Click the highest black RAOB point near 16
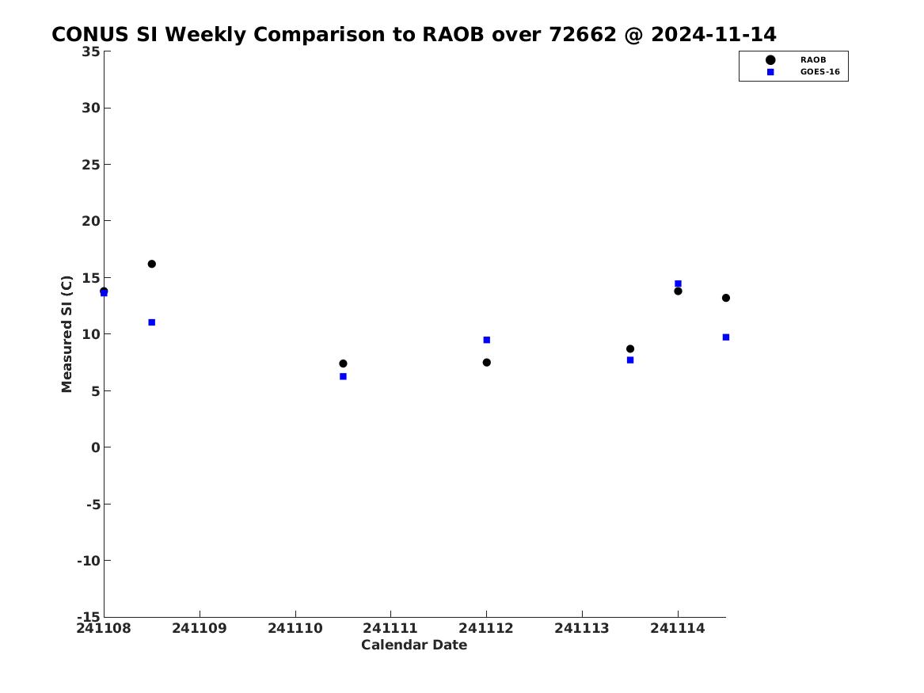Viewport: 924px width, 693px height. point(151,264)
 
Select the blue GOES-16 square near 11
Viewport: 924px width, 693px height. point(151,322)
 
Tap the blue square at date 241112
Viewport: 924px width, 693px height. point(487,340)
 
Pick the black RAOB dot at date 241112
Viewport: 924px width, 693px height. point(487,363)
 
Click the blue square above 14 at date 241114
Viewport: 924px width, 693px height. point(679,284)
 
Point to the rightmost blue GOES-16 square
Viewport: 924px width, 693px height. point(726,337)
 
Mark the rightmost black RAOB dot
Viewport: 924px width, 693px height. point(726,298)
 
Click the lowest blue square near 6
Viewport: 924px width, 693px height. point(343,376)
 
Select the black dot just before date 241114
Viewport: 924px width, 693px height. point(630,348)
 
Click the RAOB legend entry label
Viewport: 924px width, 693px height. point(813,60)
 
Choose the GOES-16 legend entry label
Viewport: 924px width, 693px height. point(819,72)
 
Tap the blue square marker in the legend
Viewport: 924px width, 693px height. point(770,72)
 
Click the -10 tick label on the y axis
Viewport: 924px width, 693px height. point(89,561)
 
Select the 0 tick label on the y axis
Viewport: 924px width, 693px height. point(96,447)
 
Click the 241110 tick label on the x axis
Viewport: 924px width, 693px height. point(295,628)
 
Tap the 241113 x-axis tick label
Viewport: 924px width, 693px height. point(582,628)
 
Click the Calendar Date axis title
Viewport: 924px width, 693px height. point(414,645)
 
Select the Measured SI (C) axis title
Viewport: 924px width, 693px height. point(67,333)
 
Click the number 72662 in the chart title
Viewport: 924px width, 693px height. point(582,35)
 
